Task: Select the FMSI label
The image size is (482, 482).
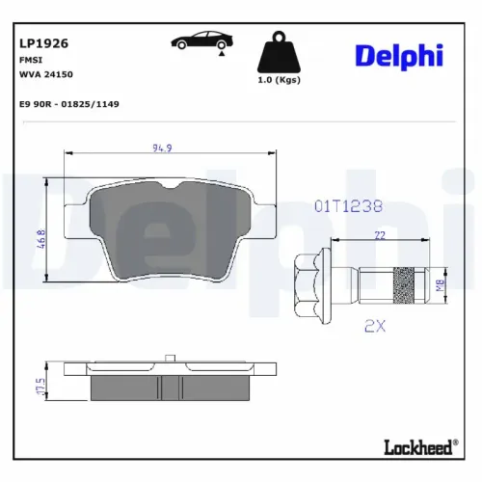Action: [x=31, y=59]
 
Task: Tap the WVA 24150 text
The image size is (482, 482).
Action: [x=45, y=73]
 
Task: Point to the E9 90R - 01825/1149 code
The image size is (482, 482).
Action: [x=69, y=102]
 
